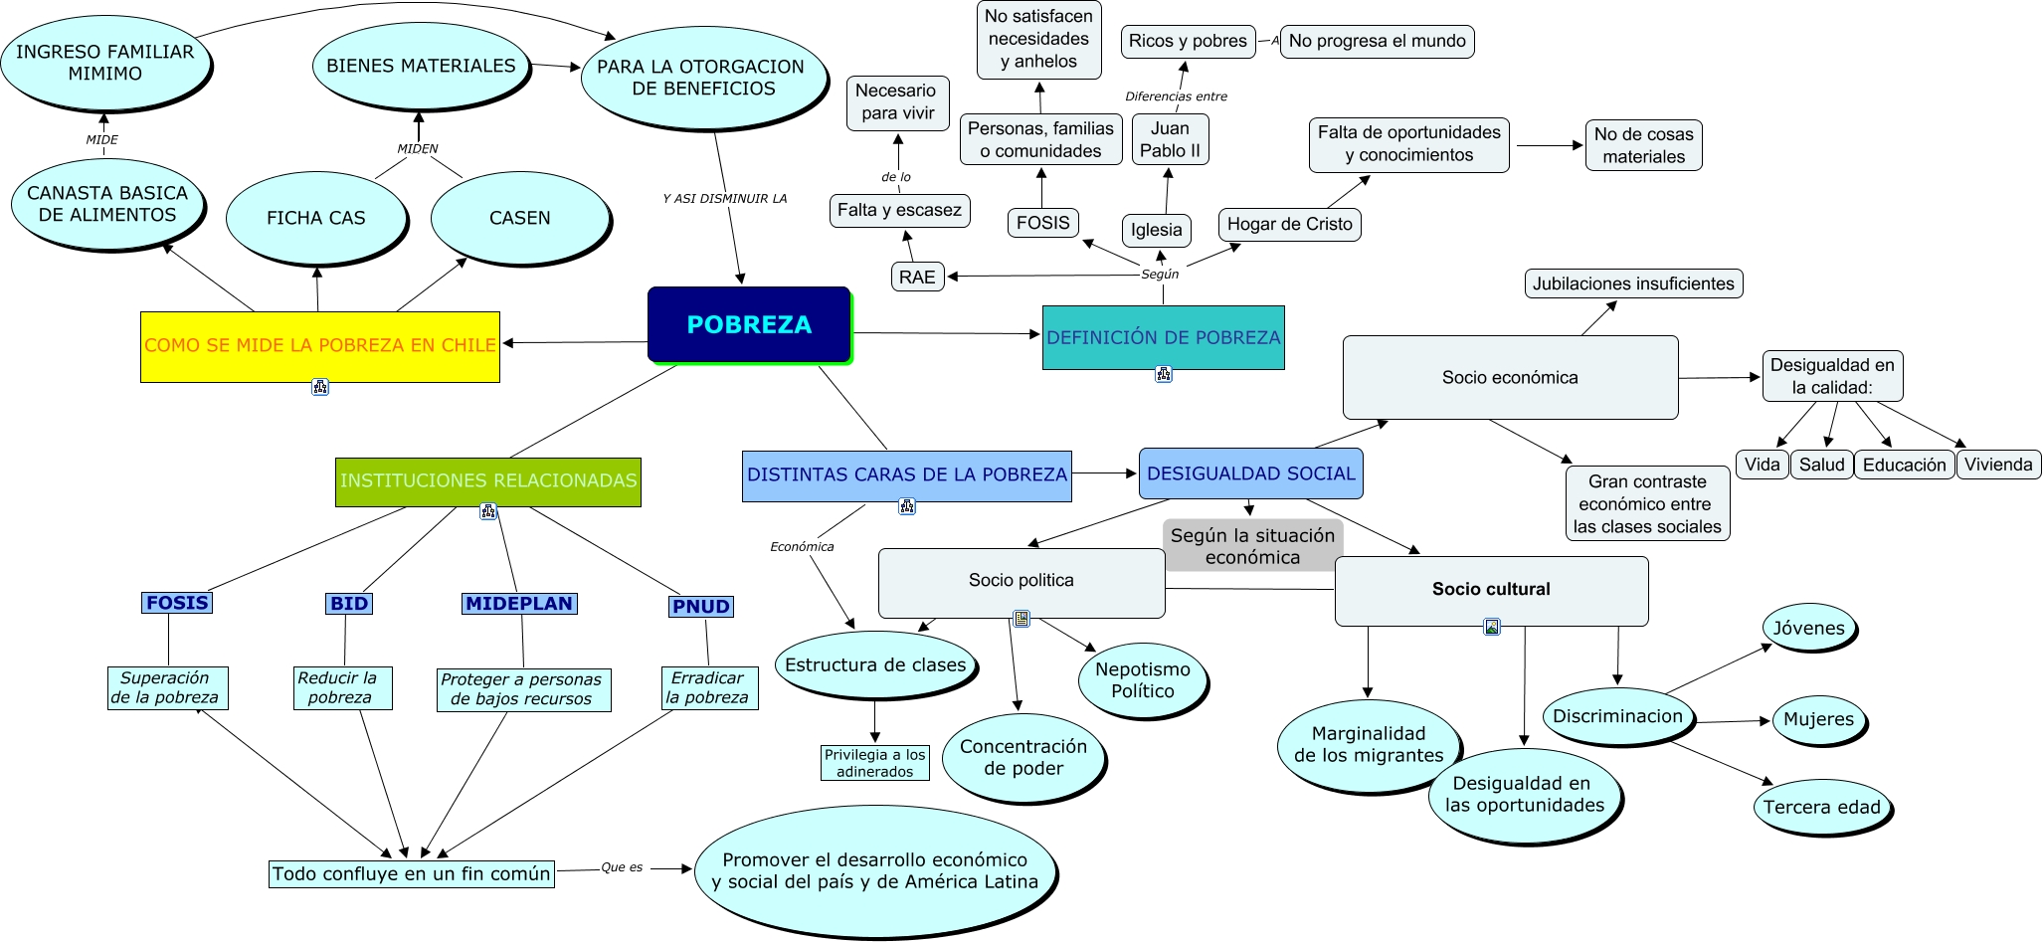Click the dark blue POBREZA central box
[749, 324]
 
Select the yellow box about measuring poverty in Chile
[319, 346]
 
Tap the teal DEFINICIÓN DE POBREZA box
[1163, 337]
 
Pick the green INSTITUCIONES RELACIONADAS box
[487, 481]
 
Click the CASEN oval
[519, 218]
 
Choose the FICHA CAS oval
[316, 218]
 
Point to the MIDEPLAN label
[519, 604]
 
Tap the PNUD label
[701, 607]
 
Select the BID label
[349, 604]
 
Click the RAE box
[917, 277]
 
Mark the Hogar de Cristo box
[1289, 224]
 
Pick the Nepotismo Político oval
[1143, 680]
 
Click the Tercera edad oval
[1821, 807]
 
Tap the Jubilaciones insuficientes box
[1632, 283]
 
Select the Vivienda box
[1998, 465]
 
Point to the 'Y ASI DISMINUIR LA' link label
[724, 199]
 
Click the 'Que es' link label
[622, 867]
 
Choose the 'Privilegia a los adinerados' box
[874, 763]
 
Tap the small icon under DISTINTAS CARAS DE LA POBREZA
[906, 506]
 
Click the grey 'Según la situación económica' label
[1252, 546]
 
